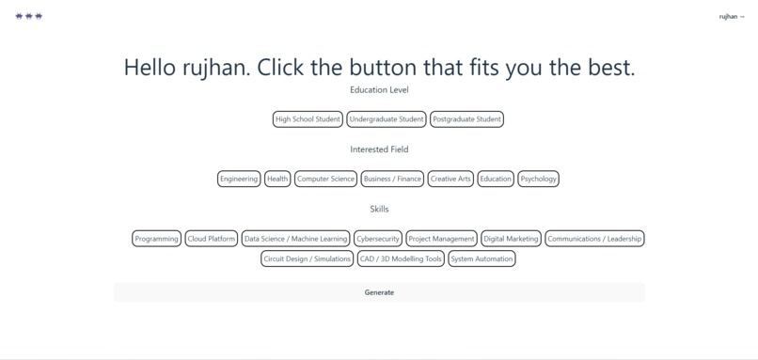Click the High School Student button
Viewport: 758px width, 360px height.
point(308,119)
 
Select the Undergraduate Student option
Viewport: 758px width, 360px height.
point(386,119)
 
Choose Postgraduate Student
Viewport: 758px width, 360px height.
point(466,119)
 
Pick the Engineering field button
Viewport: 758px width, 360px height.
point(239,179)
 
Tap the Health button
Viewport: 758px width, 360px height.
point(277,179)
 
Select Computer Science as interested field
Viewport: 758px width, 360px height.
point(325,179)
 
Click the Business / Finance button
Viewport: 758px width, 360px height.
point(392,179)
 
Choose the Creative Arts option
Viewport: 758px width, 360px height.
point(450,179)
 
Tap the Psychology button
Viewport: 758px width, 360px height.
point(539,179)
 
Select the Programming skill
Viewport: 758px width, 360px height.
point(156,239)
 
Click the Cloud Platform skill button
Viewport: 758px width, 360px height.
point(212,239)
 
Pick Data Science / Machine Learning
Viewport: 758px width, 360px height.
point(296,239)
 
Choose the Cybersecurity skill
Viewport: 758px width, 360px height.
point(378,239)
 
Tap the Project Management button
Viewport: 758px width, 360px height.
point(441,239)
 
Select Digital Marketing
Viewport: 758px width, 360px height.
point(511,239)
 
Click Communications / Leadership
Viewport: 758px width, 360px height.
point(594,239)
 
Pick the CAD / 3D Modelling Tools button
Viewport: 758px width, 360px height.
point(401,259)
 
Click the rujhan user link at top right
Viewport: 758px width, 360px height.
point(731,17)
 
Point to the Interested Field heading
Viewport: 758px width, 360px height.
point(379,149)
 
